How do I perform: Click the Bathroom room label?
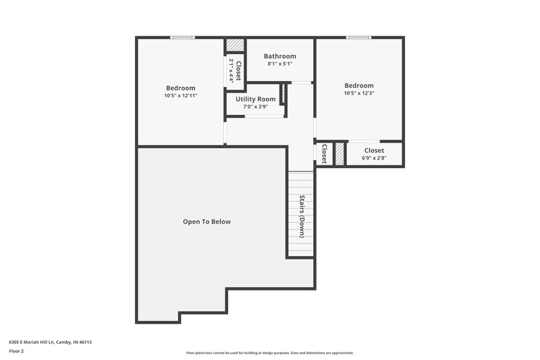click(279, 56)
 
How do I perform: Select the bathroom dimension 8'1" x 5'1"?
click(279, 64)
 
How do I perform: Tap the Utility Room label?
click(255, 99)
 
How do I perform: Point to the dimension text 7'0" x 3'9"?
click(255, 107)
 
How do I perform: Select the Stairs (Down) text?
click(301, 214)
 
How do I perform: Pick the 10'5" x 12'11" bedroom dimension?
click(180, 96)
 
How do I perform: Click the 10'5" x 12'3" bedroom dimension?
click(358, 94)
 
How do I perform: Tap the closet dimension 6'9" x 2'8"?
click(374, 158)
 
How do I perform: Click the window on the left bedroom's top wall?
click(182, 37)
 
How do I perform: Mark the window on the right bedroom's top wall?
click(358, 37)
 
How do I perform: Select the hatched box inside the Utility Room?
click(284, 93)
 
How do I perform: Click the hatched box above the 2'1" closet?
click(234, 45)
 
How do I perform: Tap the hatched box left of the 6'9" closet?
click(340, 154)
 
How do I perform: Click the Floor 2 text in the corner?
click(16, 351)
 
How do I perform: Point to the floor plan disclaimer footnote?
click(269, 353)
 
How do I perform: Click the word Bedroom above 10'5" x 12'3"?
click(358, 86)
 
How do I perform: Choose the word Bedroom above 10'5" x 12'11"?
click(180, 88)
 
